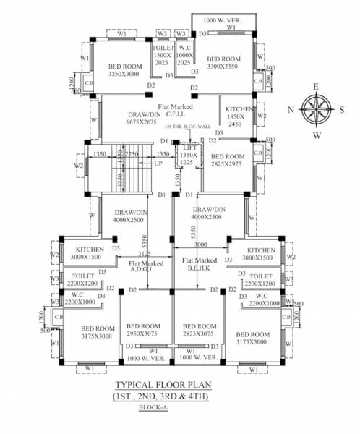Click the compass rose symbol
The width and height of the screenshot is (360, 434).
click(x=316, y=111)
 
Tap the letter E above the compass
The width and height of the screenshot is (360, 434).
click(x=316, y=87)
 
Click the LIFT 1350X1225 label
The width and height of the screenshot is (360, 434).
click(x=189, y=155)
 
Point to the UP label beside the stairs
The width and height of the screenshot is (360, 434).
click(x=158, y=164)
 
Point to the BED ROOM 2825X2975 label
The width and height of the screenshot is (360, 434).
click(x=226, y=161)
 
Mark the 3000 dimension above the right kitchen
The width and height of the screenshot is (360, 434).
click(x=200, y=244)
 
